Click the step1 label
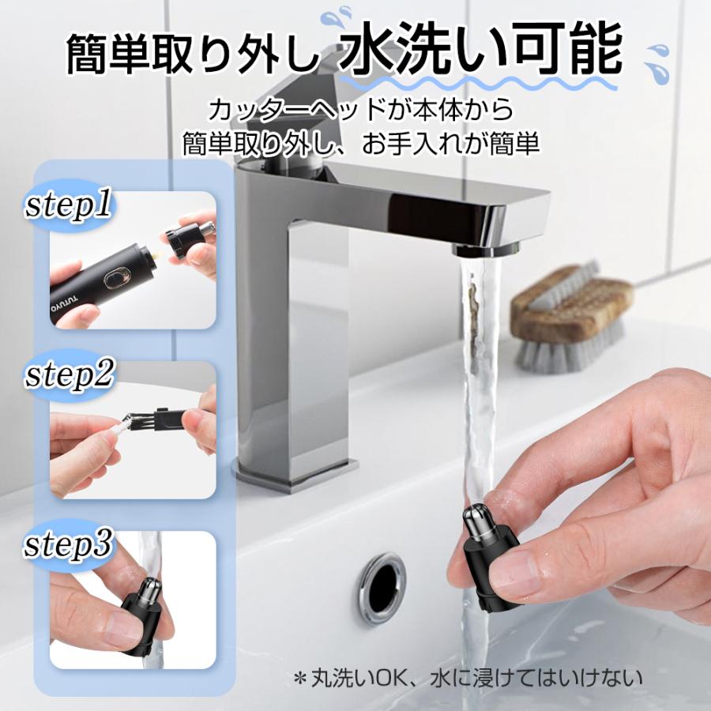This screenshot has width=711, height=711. pos(69,207)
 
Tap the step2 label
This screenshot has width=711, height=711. pos(70,375)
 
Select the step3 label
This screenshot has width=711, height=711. pos(70,545)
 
